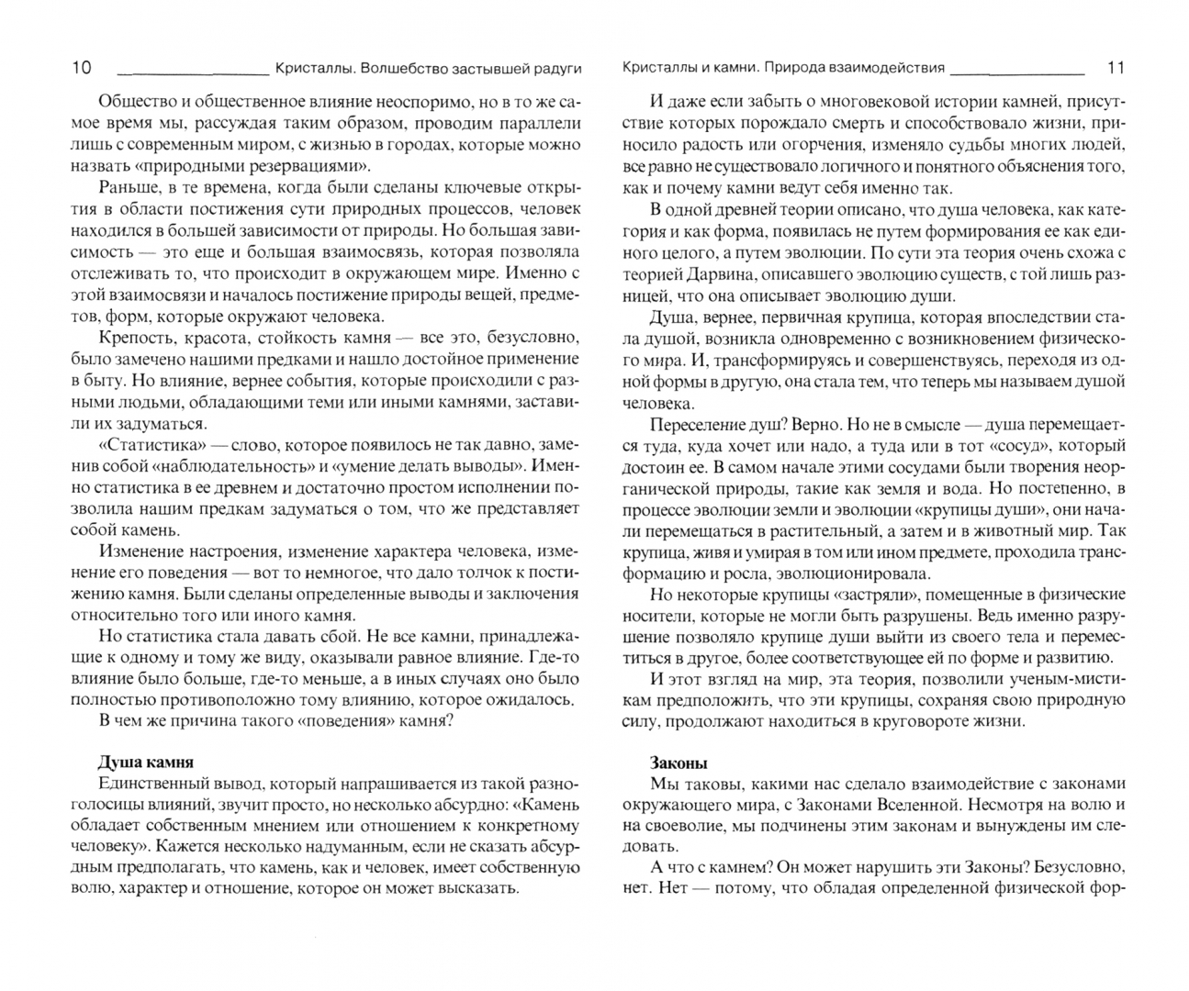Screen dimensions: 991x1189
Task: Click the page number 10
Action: [x=81, y=68]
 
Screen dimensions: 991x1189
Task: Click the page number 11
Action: [x=1116, y=68]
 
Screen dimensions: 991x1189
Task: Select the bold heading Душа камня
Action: [x=145, y=763]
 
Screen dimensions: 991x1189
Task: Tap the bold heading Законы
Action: [x=679, y=763]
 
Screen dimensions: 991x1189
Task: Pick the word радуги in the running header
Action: [x=556, y=68]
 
